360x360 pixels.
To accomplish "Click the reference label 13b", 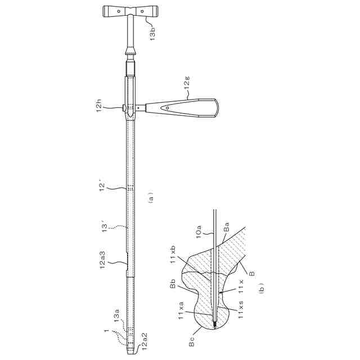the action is click(x=152, y=34).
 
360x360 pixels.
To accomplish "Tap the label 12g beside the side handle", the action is click(x=187, y=84).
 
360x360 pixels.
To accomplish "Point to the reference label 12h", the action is click(x=99, y=107).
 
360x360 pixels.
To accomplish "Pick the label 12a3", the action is click(x=102, y=260).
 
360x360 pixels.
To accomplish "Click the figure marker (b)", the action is click(x=261, y=287).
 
